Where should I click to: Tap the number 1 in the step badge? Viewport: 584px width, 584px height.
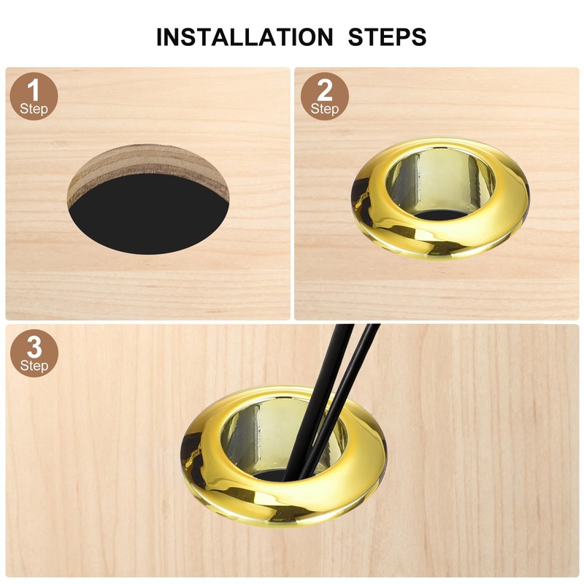click(x=33, y=91)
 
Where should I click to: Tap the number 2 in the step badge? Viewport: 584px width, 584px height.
click(x=325, y=91)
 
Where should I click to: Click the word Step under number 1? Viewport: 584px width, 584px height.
click(x=34, y=109)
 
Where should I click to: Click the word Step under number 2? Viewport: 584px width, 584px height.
click(x=325, y=109)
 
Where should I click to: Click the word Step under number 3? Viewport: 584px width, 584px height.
click(x=34, y=365)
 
